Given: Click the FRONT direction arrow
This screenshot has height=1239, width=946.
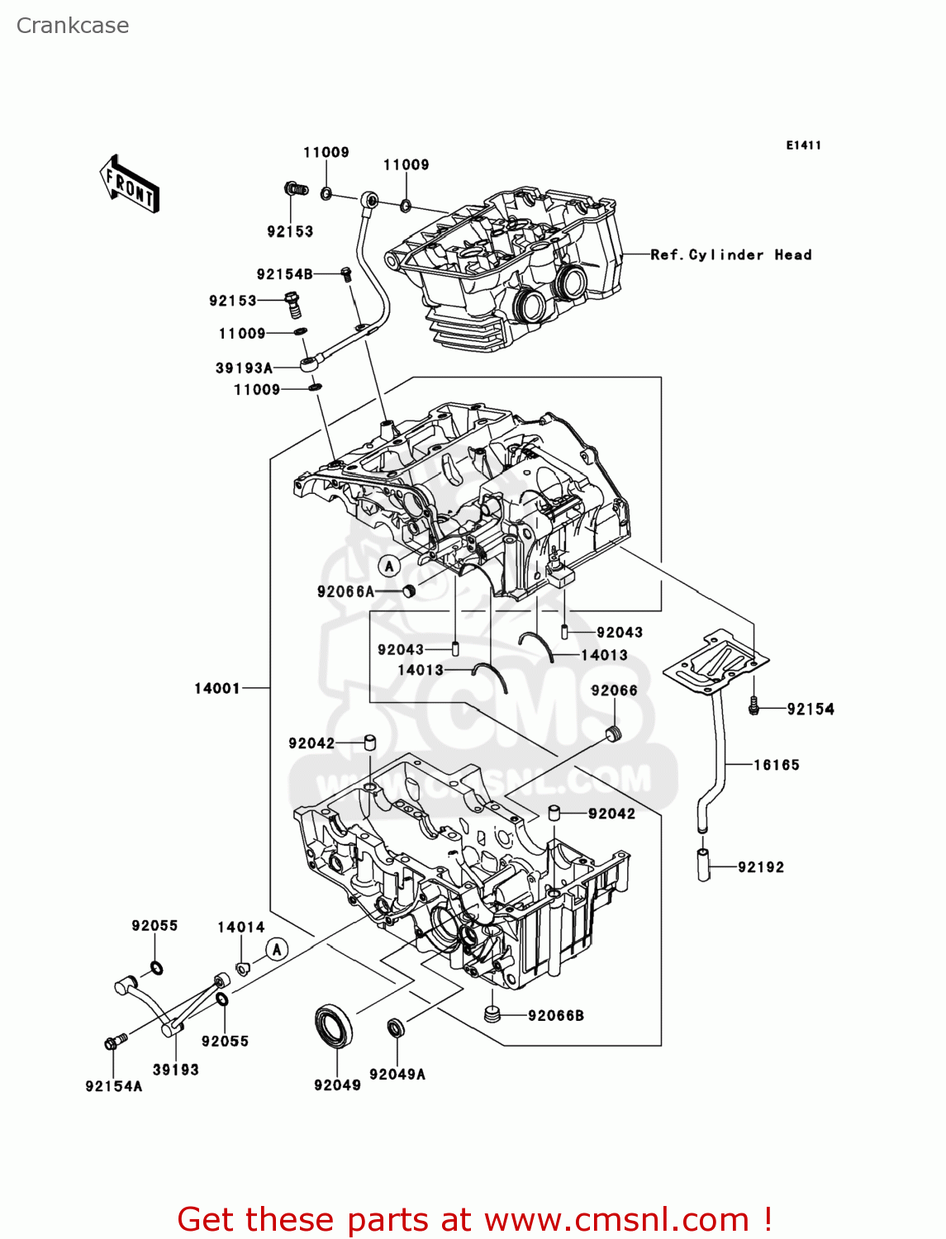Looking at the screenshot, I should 129,184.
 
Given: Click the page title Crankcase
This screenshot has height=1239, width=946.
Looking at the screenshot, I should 73,26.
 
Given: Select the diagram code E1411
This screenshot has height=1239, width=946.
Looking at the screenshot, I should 803,145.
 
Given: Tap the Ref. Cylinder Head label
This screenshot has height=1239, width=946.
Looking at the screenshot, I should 730,255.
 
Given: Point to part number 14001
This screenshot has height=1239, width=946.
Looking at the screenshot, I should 216,688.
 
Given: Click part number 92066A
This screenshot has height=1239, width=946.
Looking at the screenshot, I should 345,591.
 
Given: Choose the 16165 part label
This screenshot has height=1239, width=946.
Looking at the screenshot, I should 776,765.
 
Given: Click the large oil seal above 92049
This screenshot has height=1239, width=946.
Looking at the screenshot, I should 334,1026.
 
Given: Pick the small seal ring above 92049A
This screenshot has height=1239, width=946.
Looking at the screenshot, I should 397,1028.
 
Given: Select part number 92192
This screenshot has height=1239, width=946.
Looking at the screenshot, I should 760,867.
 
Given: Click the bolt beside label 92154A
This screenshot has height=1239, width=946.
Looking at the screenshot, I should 114,1042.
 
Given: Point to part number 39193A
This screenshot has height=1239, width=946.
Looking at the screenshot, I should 244,368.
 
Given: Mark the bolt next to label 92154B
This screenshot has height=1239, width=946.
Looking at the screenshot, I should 346,273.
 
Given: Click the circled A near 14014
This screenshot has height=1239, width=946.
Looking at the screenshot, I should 277,950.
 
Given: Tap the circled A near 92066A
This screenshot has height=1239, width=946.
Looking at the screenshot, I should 389,566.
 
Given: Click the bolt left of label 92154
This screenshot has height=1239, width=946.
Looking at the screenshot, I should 753,707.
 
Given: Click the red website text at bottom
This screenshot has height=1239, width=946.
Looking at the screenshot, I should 475,1219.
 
